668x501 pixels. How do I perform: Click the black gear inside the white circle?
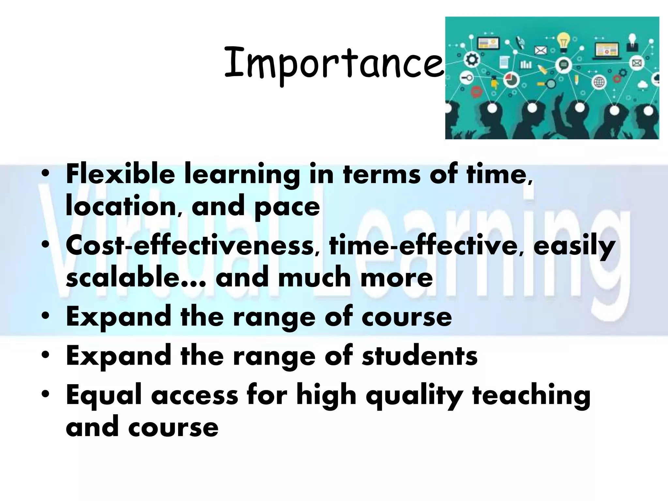pos(472,59)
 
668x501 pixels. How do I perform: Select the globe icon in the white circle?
pos(599,82)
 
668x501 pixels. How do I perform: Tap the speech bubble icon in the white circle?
pos(564,65)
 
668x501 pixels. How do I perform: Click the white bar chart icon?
pos(526,65)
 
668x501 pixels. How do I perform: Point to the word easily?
pos(574,246)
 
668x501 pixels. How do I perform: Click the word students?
pos(419,356)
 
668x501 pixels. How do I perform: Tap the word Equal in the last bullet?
pos(106,395)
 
